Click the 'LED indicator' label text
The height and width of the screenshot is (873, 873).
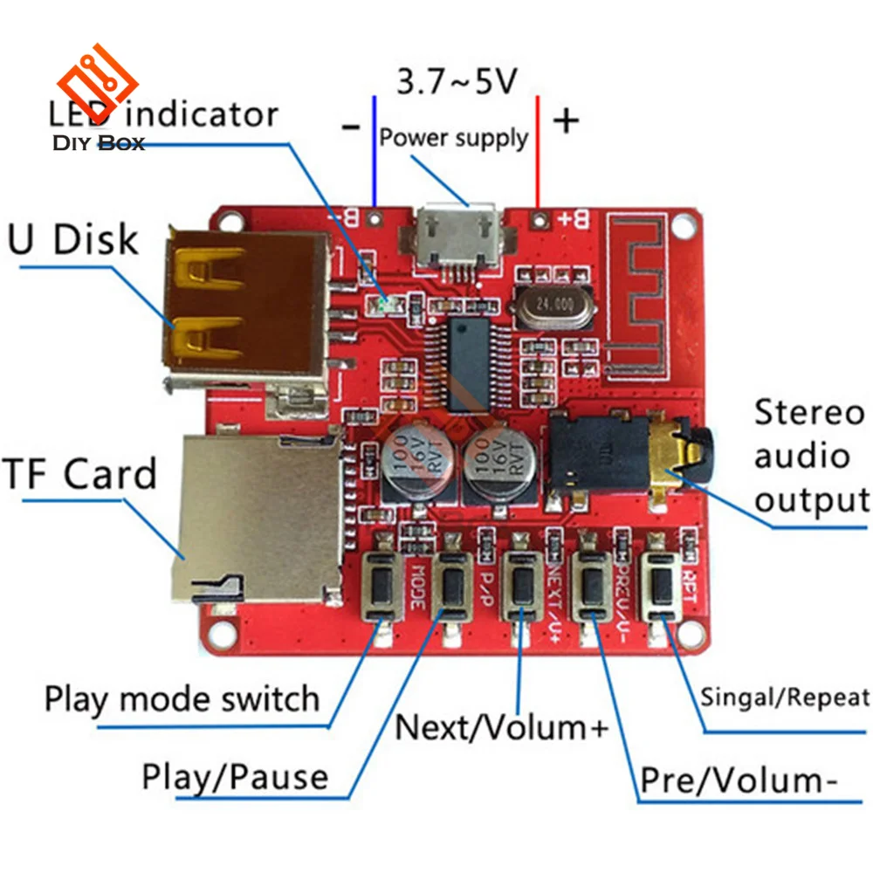pos(164,114)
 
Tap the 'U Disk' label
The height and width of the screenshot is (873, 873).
pos(73,238)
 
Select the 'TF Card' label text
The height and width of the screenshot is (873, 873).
pos(80,473)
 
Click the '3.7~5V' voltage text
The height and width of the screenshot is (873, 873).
pos(457,82)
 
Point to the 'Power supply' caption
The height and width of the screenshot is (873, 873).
pos(453,137)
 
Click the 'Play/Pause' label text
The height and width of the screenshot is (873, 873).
pos(235,776)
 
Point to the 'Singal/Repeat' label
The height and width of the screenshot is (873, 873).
pos(785,698)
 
